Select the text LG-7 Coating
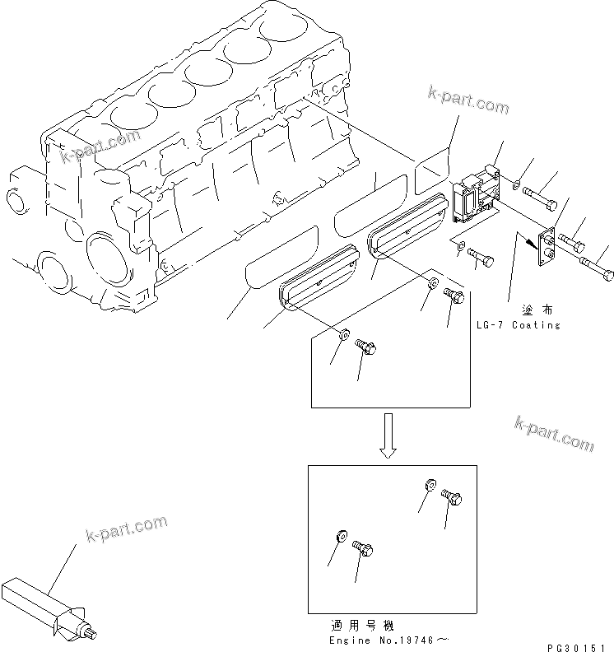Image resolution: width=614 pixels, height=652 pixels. [518, 325]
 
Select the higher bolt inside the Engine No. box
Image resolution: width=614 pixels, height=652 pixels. [452, 497]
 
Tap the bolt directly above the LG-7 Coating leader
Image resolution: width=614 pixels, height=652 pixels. [481, 258]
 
